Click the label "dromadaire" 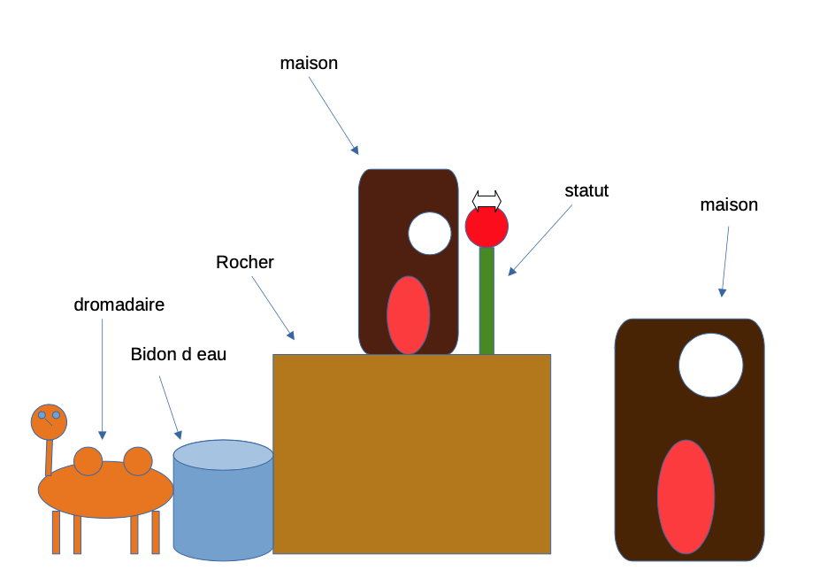click(x=119, y=305)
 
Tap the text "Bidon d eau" click(x=179, y=355)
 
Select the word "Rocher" click(x=245, y=263)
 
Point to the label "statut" click(x=586, y=191)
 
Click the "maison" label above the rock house click(x=309, y=64)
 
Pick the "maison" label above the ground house click(x=729, y=205)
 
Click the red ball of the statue click(x=486, y=227)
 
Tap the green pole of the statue click(x=486, y=301)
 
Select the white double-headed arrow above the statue click(x=486, y=199)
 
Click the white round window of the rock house click(x=430, y=234)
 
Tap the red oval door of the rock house click(x=409, y=315)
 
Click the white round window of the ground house click(x=711, y=366)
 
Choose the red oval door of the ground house click(x=686, y=497)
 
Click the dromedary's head click(x=49, y=421)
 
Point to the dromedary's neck click(x=49, y=457)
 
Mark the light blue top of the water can click(x=223, y=454)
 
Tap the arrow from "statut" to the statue click(x=540, y=241)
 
